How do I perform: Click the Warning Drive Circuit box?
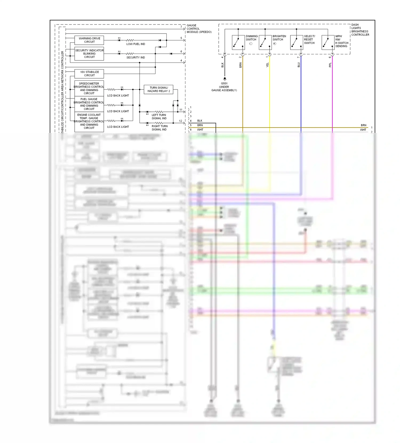[x=89, y=40]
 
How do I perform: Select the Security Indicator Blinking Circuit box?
[x=89, y=54]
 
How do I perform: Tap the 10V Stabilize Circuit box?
[x=89, y=74]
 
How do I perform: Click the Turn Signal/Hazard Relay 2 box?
[x=158, y=89]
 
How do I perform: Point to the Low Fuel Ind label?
[x=135, y=44]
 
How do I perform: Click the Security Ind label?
[x=135, y=58]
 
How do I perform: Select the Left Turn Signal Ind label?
[x=159, y=117]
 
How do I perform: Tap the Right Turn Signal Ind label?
[x=159, y=128]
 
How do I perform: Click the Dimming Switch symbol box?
[x=238, y=43]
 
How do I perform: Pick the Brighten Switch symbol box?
[x=265, y=43]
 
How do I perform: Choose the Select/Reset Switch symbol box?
[x=297, y=43]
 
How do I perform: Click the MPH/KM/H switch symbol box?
[x=328, y=43]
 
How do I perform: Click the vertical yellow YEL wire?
[x=270, y=93]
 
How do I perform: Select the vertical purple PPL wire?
[x=332, y=93]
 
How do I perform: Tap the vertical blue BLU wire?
[x=301, y=93]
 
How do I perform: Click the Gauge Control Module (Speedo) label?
[x=199, y=29]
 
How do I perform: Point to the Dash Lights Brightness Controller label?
[x=360, y=30]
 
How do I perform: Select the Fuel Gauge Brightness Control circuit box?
[x=89, y=104]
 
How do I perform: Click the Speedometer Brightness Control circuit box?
[x=89, y=88]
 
